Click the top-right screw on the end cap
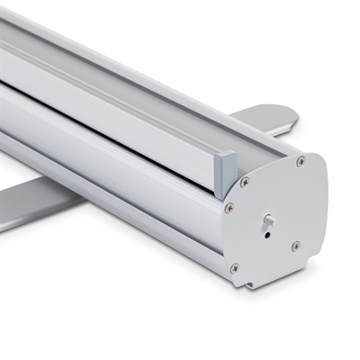(x=301, y=161)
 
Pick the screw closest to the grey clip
(x=244, y=183)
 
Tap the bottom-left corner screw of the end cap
(x=235, y=267)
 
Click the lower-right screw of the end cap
(x=295, y=245)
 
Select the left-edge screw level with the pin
(x=229, y=208)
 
